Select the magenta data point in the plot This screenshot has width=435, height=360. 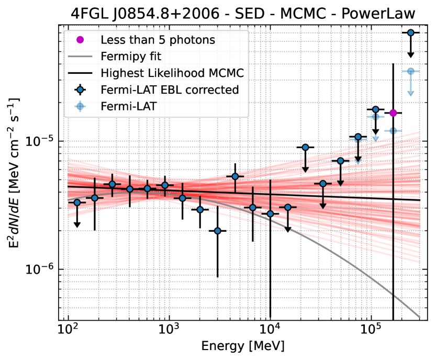point(393,113)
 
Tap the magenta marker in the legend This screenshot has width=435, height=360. point(80,39)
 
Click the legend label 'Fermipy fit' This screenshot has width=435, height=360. point(130,56)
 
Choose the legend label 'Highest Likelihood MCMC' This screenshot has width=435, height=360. point(172,73)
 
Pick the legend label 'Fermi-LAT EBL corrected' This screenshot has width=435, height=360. point(170,89)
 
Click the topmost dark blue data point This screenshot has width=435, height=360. point(411,32)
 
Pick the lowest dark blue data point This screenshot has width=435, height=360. point(218,231)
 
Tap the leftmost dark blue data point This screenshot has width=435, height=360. point(77,203)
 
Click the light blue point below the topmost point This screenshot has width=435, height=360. point(411,71)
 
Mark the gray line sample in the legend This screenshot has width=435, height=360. point(80,56)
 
